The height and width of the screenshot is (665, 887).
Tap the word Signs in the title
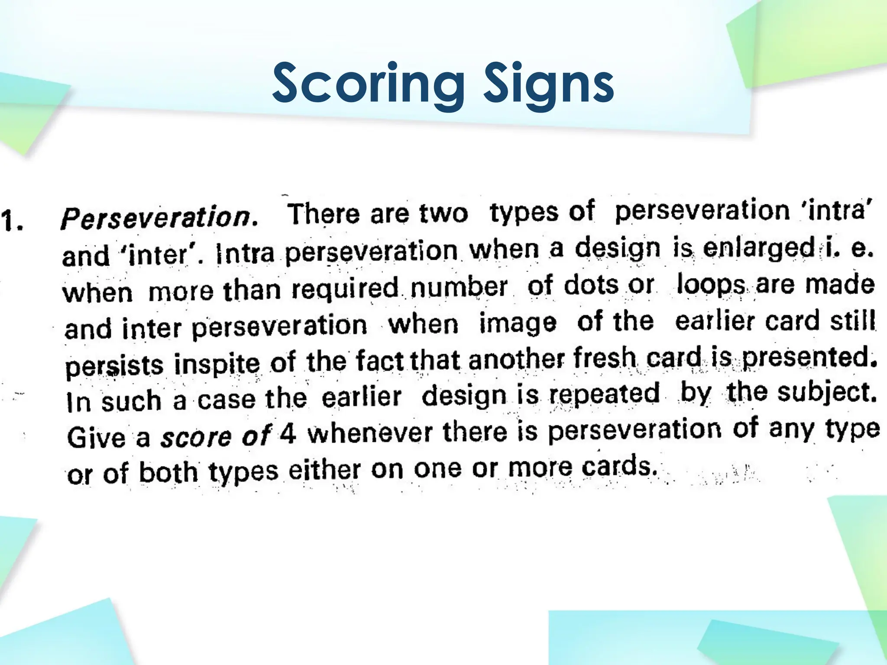point(549,84)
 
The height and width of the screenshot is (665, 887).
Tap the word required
point(344,288)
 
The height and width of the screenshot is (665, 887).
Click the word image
point(518,323)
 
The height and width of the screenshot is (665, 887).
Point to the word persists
point(115,365)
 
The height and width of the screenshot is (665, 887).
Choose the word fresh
point(605,359)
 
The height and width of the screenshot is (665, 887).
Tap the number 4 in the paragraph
point(288,434)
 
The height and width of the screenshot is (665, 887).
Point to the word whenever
point(370,433)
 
